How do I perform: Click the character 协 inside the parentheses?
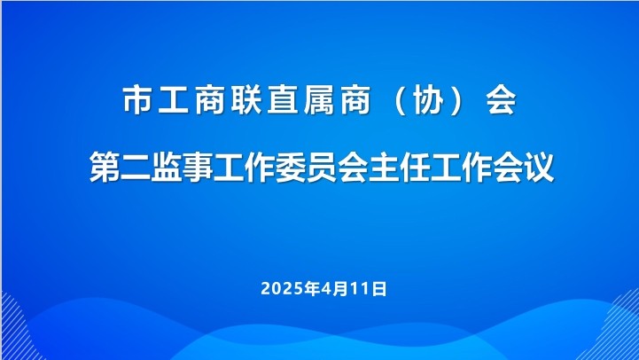428,100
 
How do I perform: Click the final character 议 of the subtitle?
539,167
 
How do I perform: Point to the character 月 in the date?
340,289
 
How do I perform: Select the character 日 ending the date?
379,289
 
